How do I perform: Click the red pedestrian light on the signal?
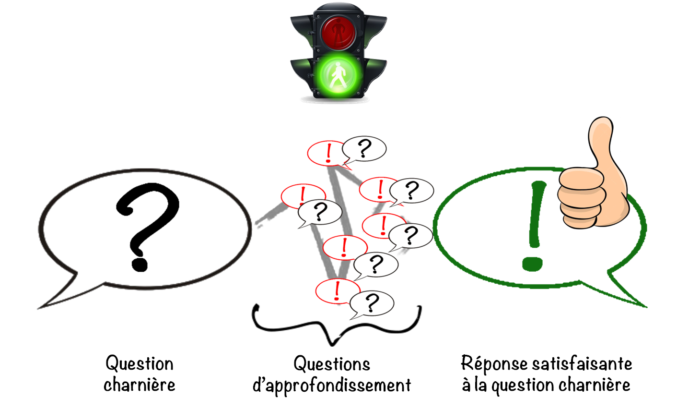338,31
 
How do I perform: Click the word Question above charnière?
139,363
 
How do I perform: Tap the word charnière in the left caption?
139,385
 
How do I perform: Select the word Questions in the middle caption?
332,363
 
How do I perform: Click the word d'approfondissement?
332,386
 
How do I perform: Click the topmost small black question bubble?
364,148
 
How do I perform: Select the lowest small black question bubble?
372,303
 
